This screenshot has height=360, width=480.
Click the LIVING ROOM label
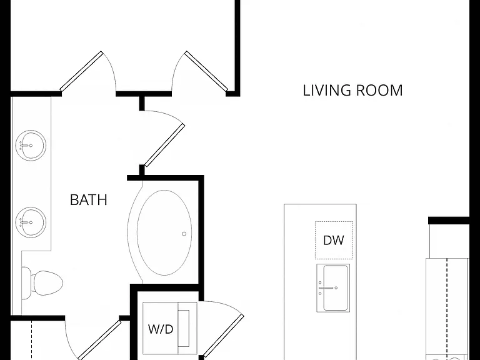tap(352, 90)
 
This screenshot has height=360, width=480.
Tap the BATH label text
tap(89, 200)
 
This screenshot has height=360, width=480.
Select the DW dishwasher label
tap(334, 240)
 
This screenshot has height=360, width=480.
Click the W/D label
tap(161, 329)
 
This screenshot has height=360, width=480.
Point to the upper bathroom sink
tap(31, 145)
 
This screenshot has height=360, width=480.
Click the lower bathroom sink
tap(31, 222)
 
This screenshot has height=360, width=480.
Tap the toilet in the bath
tap(42, 283)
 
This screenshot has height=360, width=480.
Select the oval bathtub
tap(164, 232)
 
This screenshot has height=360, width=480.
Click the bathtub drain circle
tap(184, 234)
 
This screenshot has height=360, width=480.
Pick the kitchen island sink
tap(333, 287)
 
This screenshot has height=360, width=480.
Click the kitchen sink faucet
tap(326, 287)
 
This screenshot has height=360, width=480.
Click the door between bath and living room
tap(164, 145)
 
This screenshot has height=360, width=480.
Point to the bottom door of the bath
tap(99, 340)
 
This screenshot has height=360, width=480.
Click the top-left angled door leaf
tap(81, 71)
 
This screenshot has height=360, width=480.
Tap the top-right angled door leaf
tap(206, 71)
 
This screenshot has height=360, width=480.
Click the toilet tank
tap(26, 283)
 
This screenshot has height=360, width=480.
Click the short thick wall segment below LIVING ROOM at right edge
tap(449, 221)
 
